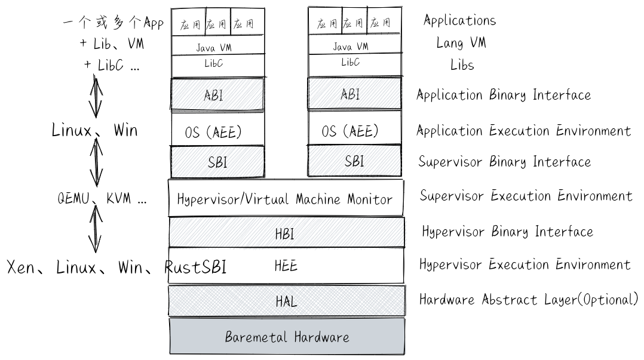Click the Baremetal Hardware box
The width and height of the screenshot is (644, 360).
coord(287,337)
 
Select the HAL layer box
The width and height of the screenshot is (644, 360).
coord(287,301)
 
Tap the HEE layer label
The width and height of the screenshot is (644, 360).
coord(286,266)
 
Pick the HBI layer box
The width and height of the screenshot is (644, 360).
coord(286,233)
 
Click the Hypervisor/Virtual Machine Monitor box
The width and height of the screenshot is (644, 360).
coord(286,198)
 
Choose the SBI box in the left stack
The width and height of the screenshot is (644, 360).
coord(217,161)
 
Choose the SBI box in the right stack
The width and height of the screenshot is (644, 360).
coord(354,161)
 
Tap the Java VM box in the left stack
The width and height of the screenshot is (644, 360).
coord(217,47)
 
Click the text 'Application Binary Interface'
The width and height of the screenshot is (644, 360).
coord(504,95)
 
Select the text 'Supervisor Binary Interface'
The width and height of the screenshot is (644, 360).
coord(504,161)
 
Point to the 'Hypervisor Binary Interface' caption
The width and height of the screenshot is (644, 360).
coord(507,232)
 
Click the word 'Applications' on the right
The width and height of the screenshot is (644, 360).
coord(459,20)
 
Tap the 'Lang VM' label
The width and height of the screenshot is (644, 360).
coord(461,43)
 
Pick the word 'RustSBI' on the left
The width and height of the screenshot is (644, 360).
coord(196,267)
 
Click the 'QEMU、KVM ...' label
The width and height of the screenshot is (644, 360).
coord(102,199)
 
